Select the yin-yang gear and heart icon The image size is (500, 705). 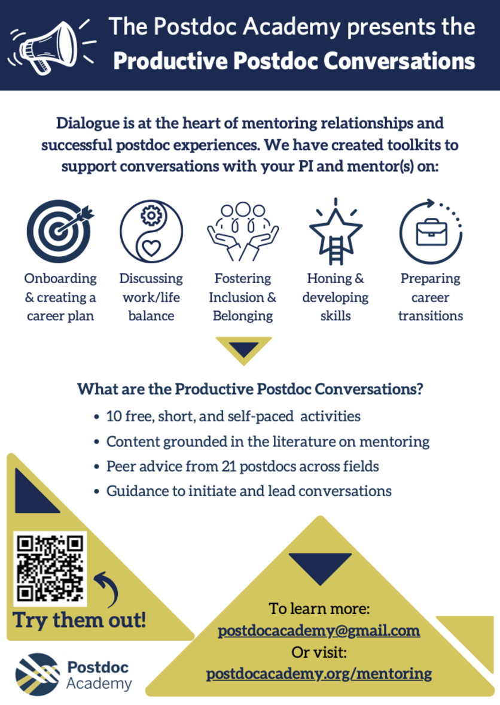point(151,231)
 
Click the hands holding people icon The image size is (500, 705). point(242,231)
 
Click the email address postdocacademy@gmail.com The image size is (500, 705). point(319,631)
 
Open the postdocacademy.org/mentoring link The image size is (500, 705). point(319,673)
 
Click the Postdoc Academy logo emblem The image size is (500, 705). point(38,673)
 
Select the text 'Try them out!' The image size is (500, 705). point(80,620)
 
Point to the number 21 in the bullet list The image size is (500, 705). point(229,466)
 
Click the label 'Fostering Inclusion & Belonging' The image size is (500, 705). point(242,297)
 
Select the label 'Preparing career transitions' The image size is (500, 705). point(430,297)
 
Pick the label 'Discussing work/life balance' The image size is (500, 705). point(151,297)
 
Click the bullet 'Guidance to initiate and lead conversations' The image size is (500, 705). point(249,491)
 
